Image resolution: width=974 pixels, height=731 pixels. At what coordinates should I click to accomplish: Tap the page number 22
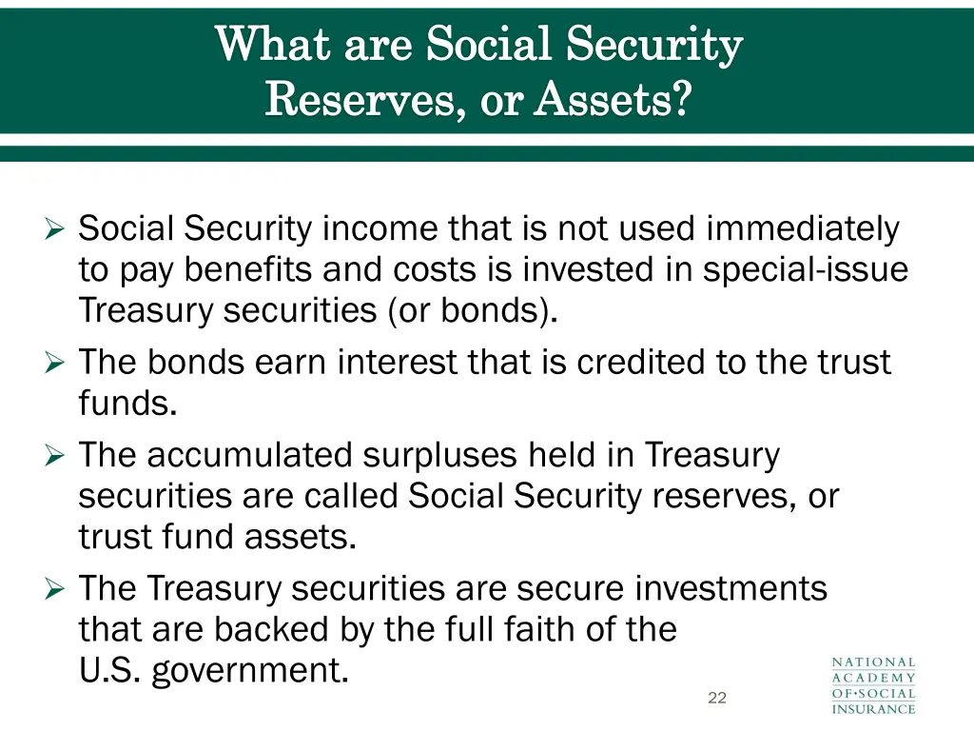tap(717, 698)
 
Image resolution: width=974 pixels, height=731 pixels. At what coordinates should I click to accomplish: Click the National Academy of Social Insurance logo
tap(874, 684)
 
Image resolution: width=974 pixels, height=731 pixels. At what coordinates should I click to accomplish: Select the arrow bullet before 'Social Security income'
tap(54, 229)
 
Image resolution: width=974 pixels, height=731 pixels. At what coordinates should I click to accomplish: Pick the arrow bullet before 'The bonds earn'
tap(54, 363)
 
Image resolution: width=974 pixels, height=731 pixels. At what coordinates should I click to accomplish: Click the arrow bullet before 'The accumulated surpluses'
tap(54, 456)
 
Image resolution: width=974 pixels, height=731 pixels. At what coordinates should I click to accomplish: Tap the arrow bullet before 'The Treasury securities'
tap(54, 589)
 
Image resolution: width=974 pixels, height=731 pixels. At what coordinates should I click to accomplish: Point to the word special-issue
tap(805, 270)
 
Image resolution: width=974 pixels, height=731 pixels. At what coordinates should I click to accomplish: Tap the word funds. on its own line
tap(127, 404)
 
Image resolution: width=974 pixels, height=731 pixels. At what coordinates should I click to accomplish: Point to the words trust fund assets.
tap(217, 538)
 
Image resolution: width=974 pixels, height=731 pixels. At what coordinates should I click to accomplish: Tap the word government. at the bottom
tap(249, 671)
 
